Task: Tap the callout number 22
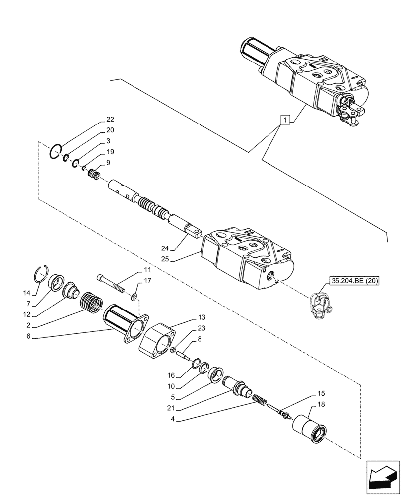click(x=110, y=120)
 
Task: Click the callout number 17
click(x=148, y=281)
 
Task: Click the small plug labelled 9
click(x=93, y=175)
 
